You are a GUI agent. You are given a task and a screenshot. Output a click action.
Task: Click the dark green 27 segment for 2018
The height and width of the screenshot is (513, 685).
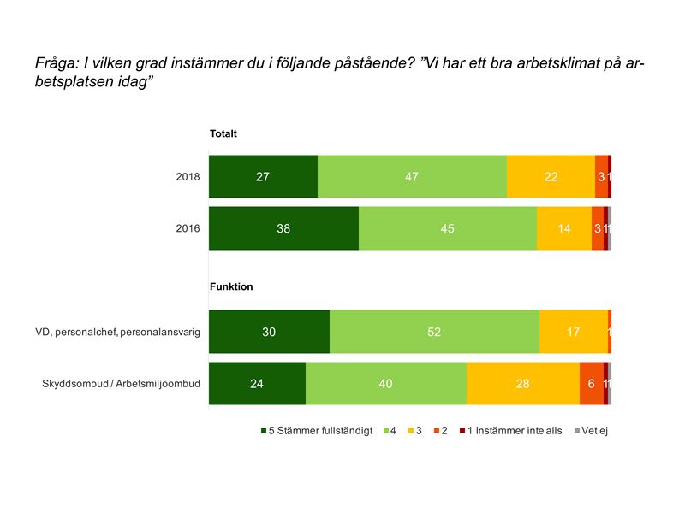(x=263, y=177)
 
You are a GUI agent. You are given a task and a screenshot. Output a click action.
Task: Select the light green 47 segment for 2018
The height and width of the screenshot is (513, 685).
(x=412, y=177)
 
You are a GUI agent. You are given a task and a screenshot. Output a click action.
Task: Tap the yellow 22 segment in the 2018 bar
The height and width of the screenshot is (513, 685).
(x=551, y=177)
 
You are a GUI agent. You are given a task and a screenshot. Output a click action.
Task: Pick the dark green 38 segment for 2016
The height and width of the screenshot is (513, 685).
(x=283, y=228)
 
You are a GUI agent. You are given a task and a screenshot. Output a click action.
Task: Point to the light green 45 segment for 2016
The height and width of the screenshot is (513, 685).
(x=448, y=228)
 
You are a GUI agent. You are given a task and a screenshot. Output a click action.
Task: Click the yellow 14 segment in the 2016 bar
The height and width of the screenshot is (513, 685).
(x=563, y=228)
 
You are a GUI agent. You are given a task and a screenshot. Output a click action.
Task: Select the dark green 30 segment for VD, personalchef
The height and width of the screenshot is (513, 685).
(x=269, y=332)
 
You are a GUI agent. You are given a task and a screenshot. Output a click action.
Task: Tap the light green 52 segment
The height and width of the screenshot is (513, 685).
(x=434, y=332)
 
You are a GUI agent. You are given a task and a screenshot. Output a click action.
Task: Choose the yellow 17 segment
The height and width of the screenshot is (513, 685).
(x=573, y=332)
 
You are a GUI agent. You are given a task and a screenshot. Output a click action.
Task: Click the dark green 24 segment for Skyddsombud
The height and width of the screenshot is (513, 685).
(x=257, y=383)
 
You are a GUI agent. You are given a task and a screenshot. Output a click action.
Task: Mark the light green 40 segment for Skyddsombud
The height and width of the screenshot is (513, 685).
(x=385, y=383)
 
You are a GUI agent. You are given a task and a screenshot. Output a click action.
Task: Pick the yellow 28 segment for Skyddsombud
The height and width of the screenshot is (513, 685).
(x=522, y=383)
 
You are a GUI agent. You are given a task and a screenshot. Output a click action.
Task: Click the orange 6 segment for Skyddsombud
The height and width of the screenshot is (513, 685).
(x=591, y=383)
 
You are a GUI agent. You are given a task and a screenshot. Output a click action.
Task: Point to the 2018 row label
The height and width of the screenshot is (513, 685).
(x=188, y=178)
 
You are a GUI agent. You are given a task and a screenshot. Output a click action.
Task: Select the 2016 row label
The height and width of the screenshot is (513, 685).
(x=188, y=228)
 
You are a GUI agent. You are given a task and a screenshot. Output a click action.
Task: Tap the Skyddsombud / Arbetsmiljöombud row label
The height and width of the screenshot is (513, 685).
(x=121, y=384)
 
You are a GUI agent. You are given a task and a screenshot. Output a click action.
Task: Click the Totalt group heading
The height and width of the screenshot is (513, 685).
(x=223, y=133)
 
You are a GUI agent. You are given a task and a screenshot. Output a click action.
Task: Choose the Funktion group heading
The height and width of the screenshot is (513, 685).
(x=231, y=287)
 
